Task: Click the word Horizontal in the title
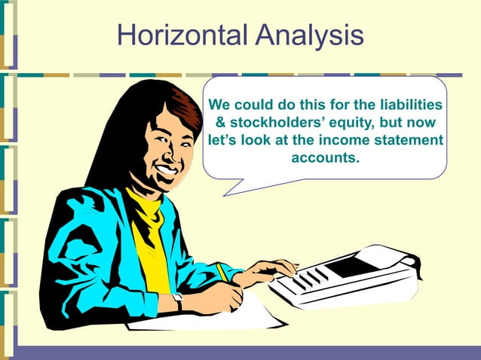pyautogui.click(x=182, y=35)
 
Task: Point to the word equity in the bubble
pyautogui.click(x=350, y=123)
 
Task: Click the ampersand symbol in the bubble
pyautogui.click(x=221, y=123)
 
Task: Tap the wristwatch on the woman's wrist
pyautogui.click(x=178, y=301)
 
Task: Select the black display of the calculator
pyautogui.click(x=352, y=266)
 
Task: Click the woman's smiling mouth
pyautogui.click(x=164, y=170)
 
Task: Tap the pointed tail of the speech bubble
pyautogui.click(x=231, y=188)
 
